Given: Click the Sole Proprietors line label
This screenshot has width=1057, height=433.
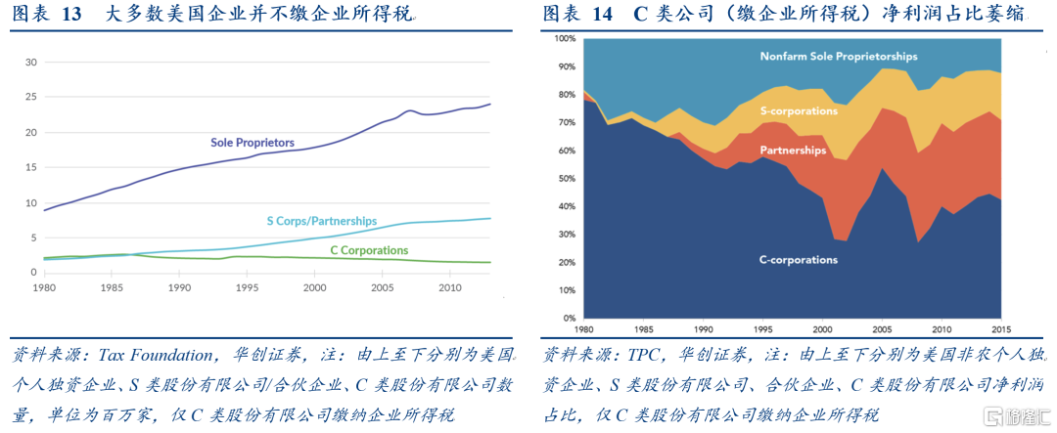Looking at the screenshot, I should pos(253,143).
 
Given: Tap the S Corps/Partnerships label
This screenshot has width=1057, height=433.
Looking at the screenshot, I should pos(321,222).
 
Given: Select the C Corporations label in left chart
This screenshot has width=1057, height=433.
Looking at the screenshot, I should pos(370,250).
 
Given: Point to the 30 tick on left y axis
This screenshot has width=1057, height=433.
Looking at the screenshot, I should pos(30,63).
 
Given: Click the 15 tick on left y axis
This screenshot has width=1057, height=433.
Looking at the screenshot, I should pos(30,168).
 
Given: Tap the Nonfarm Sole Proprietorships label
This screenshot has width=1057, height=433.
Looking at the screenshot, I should pos(839,57).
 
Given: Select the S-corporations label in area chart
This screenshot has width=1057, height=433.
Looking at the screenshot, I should pos(799,111).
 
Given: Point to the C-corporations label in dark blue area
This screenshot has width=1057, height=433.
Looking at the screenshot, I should pos(799,260).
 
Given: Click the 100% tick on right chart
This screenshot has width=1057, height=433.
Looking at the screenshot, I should pos(565,39).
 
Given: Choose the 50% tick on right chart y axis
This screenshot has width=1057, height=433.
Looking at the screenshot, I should pos(567,179).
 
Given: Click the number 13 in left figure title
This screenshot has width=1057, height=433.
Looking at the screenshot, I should pos(72,14).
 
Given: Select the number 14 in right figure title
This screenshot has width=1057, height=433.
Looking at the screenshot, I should pos(602,14).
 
